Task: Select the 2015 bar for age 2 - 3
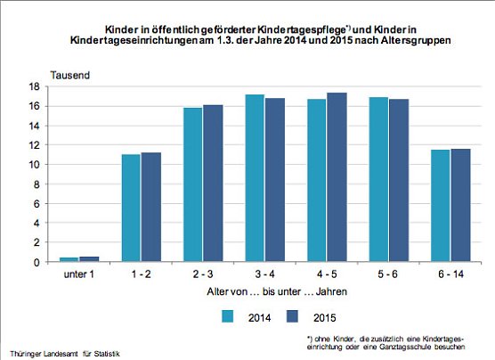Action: [x=213, y=184]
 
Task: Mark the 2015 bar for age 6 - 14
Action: [x=460, y=205]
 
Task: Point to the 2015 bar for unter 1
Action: [x=90, y=259]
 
